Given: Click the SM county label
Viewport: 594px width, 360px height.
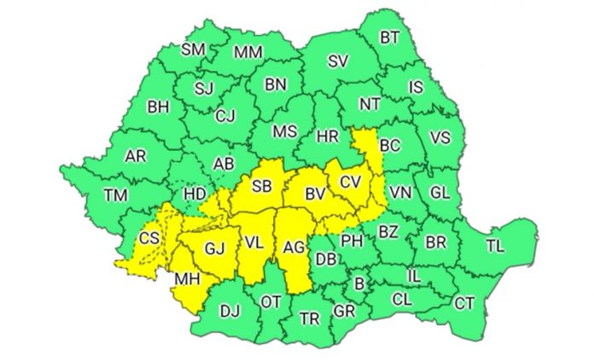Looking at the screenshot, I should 193,49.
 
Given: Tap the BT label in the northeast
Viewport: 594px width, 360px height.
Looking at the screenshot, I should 389,37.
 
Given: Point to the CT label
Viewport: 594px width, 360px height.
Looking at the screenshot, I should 464,303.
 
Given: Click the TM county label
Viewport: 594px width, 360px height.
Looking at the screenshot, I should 116,195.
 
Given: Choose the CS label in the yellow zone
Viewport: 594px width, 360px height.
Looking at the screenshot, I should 149,238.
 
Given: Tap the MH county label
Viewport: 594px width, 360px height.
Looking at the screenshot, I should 187,279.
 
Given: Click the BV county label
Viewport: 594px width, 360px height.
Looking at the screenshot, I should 315,195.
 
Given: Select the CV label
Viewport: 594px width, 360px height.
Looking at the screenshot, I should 350,182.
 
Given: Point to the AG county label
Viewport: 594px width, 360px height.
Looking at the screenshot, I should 293,249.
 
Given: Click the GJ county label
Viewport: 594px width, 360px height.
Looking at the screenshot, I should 213,250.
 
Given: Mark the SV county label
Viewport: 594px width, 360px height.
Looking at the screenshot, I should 338,61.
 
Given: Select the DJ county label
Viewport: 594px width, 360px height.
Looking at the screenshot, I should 230,311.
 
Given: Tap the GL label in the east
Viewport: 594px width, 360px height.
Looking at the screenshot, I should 440,193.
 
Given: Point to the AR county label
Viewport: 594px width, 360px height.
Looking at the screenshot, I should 135,156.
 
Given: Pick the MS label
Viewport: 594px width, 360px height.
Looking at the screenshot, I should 284,131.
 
